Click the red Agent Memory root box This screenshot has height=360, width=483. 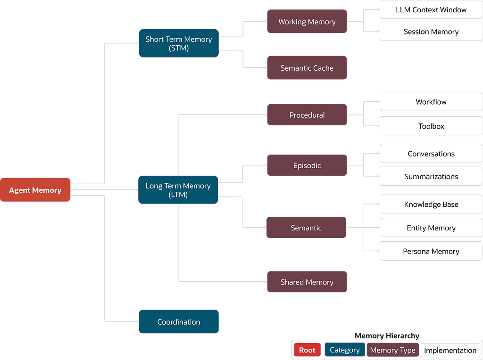35,190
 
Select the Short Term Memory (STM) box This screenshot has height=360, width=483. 179,43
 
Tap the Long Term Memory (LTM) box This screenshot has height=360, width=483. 178,190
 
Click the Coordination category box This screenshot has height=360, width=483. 179,321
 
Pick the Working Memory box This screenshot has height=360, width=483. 307,22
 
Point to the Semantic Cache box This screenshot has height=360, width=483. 307,68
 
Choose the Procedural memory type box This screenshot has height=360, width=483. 307,115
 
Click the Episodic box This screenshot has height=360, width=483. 307,165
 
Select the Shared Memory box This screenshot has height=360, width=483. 307,282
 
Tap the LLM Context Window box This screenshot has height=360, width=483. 431,9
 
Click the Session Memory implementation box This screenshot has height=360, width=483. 431,32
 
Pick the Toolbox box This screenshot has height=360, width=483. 431,126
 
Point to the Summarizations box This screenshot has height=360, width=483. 431,176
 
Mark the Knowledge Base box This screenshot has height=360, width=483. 431,204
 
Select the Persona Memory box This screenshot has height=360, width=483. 431,251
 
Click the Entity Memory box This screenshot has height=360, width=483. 431,228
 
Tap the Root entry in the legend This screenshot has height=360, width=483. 307,350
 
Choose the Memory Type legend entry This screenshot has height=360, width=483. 393,350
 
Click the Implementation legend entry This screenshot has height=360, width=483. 450,350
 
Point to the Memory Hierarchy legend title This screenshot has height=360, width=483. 387,335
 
